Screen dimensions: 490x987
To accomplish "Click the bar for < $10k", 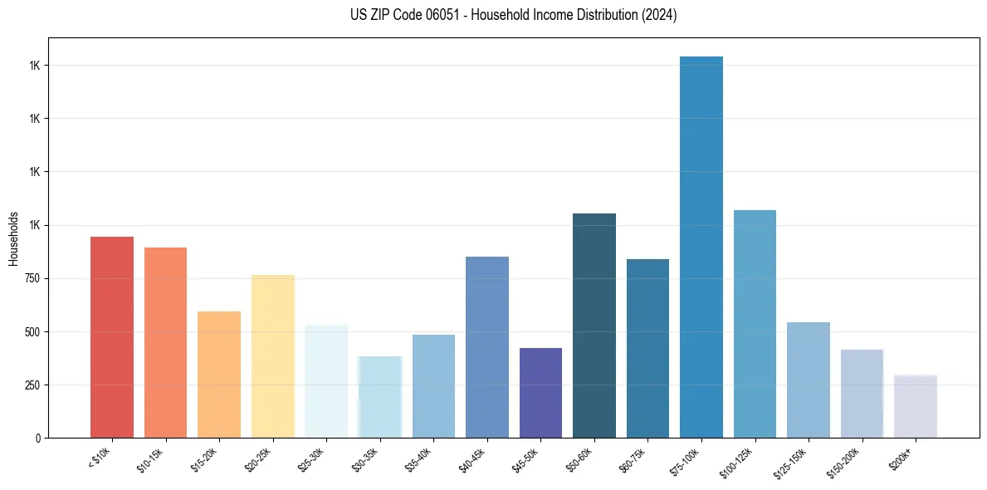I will (112, 337).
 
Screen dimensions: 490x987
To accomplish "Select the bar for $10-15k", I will (165, 342).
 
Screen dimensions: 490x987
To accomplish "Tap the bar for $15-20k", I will (219, 375).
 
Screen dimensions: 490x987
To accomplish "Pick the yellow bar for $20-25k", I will (272, 356).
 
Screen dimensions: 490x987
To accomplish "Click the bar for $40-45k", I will (486, 347).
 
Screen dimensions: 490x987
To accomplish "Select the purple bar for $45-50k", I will (540, 393).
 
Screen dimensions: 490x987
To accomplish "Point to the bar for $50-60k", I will (594, 326).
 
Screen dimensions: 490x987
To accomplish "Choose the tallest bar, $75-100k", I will (701, 247).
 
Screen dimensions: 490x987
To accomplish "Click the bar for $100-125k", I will (755, 324).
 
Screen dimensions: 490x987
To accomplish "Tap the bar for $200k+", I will (916, 406).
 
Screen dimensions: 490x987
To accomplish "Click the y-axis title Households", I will (13, 238).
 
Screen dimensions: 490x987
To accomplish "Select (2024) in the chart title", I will (660, 15).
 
